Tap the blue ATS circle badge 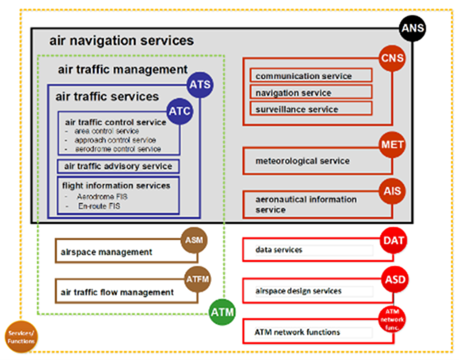[200, 85]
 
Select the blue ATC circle [179, 112]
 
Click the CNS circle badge [392, 58]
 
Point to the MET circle [392, 146]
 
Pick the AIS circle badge [392, 191]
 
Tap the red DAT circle [394, 240]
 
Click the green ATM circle [222, 313]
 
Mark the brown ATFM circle [196, 279]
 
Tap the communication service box [311, 76]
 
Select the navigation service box [311, 92]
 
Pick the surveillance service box [311, 108]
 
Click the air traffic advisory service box [118, 166]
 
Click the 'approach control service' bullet [115, 140]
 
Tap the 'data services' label [279, 250]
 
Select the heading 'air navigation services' [121, 41]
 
